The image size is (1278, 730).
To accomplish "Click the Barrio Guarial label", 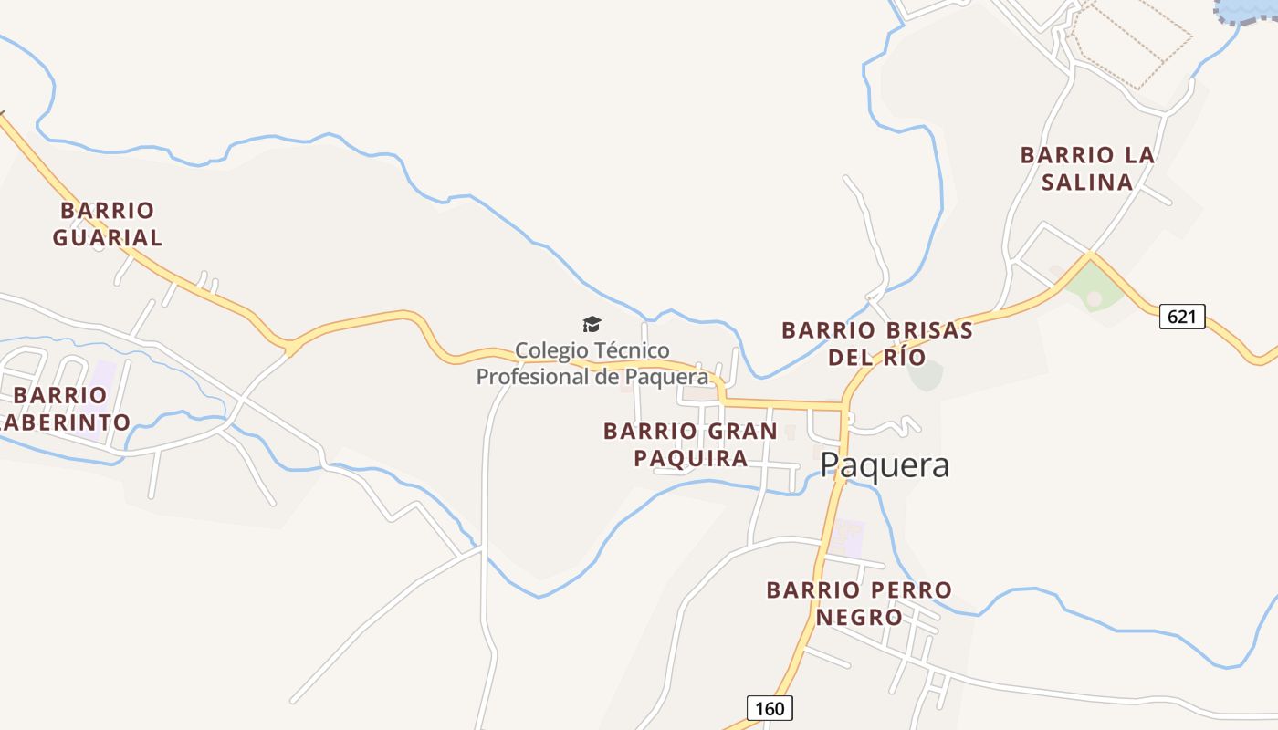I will pos(107,224).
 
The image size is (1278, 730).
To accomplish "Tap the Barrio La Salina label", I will pos(1087,169).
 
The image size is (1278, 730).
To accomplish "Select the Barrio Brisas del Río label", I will pos(876,343).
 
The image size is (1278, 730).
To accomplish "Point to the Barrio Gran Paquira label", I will pos(690,444).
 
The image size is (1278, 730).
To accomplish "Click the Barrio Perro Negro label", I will pos(859,603).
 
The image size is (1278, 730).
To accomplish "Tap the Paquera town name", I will pos(885,465).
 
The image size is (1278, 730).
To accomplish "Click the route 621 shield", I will pos(1182,317).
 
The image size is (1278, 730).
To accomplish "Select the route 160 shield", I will pos(770,708).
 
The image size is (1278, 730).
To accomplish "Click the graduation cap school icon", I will pos(592,324).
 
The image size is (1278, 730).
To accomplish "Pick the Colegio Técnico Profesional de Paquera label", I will pos(592,363).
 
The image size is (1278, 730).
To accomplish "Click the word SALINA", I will pos(1087,182).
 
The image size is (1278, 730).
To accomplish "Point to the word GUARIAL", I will pos(107,238).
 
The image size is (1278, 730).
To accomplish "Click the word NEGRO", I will pos(859,618).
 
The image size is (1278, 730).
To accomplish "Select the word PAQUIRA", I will pos(690,458).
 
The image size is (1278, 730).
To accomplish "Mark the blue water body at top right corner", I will pos(1251,9).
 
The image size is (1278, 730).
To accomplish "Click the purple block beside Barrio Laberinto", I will pos(103,374).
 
